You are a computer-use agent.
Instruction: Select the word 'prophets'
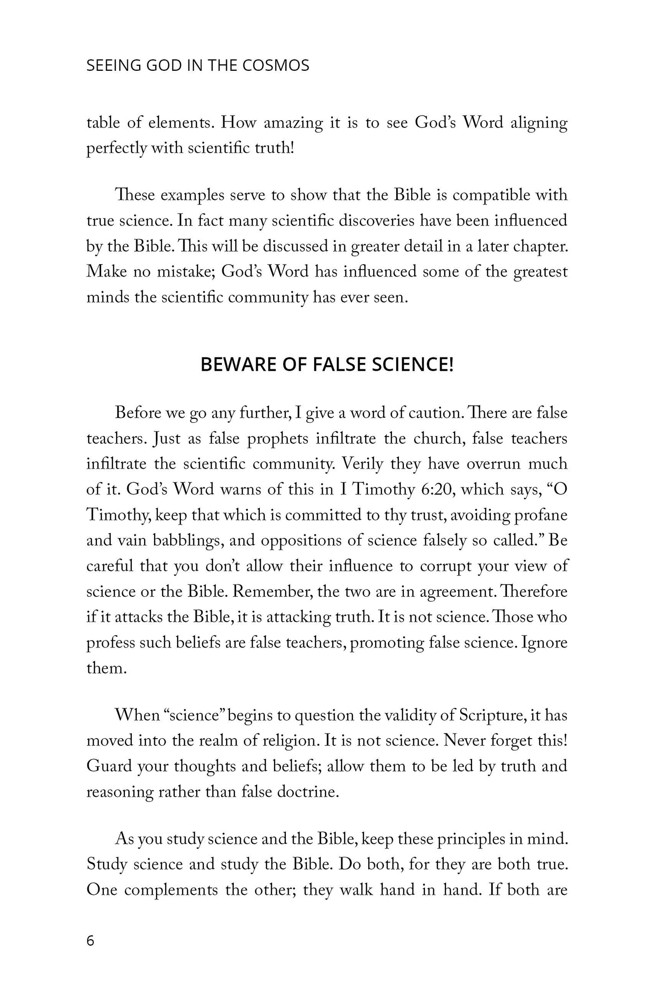coord(278,439)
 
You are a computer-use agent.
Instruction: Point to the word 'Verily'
coord(363,464)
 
